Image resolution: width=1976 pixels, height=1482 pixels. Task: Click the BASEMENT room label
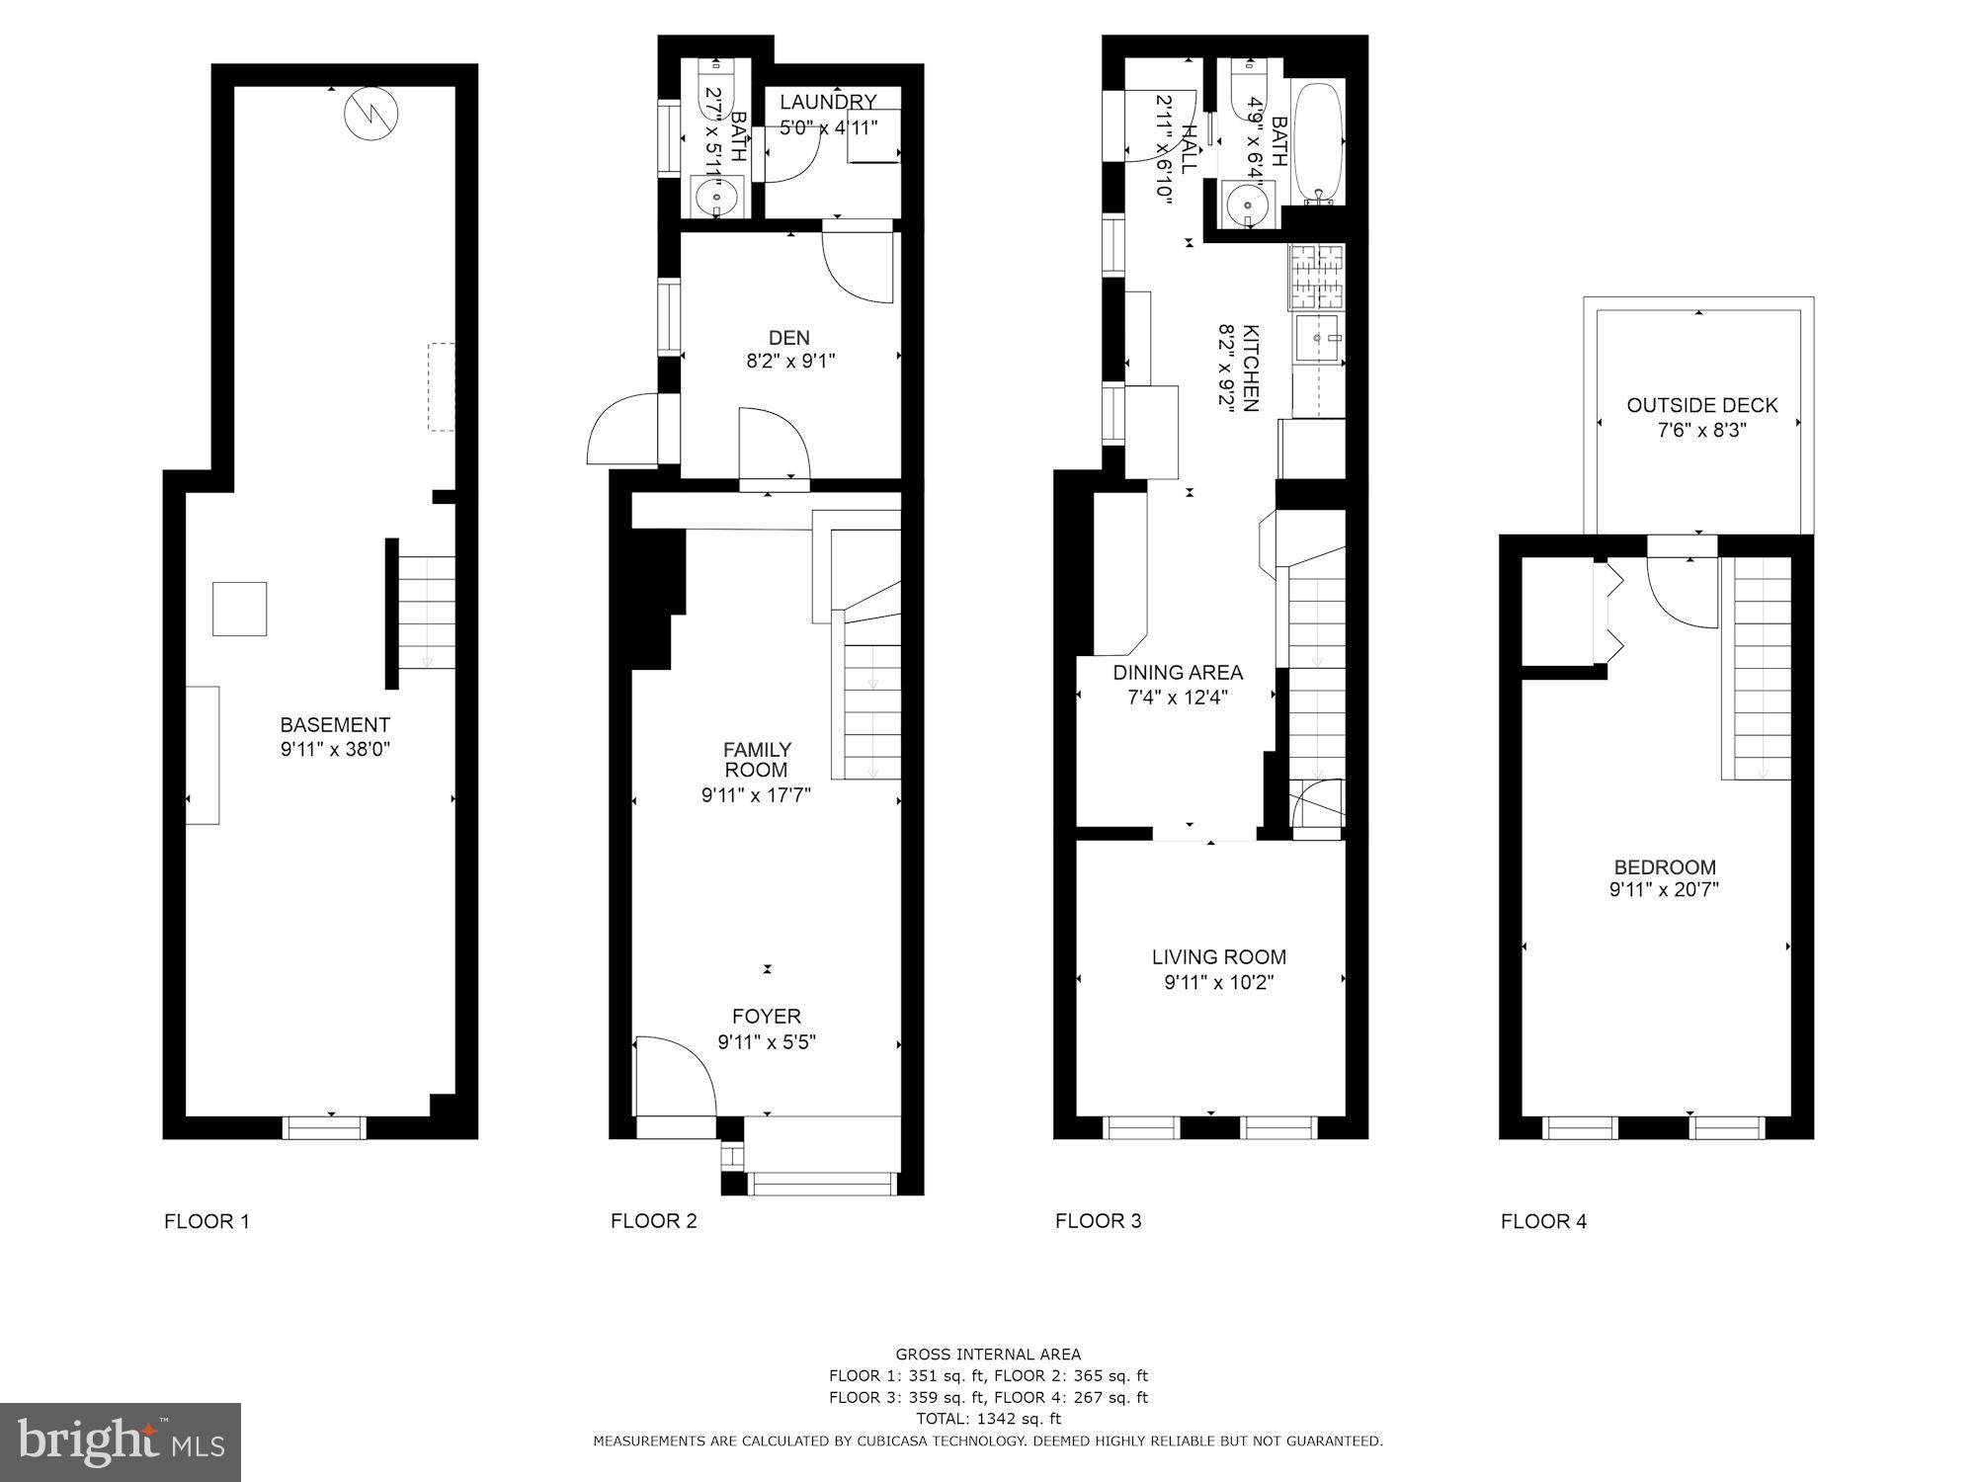[x=335, y=724]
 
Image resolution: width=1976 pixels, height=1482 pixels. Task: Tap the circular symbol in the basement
[x=370, y=115]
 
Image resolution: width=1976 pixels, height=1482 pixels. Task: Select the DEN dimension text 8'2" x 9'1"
[x=789, y=362]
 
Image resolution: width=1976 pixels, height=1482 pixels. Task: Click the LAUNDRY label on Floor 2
[x=828, y=102]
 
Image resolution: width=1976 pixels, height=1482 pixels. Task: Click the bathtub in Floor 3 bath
[x=1318, y=142]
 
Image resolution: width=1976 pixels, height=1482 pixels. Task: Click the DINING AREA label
[x=1178, y=673]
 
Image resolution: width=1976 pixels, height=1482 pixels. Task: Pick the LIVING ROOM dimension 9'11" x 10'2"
[x=1218, y=982]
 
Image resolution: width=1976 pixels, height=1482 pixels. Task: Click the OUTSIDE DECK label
[x=1701, y=405]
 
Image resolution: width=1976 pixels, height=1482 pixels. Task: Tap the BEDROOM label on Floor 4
[x=1664, y=866]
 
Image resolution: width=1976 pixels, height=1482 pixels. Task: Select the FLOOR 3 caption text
[x=1098, y=1221]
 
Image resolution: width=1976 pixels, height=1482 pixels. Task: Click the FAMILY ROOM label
[x=756, y=759]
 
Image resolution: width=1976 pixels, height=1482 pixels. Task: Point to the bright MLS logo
[x=121, y=1442]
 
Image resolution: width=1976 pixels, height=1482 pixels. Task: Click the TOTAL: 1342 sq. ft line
[x=987, y=1419]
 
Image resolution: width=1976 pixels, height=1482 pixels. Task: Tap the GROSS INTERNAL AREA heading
[x=987, y=1355]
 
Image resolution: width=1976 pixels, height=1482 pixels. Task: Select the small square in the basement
[x=239, y=609]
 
